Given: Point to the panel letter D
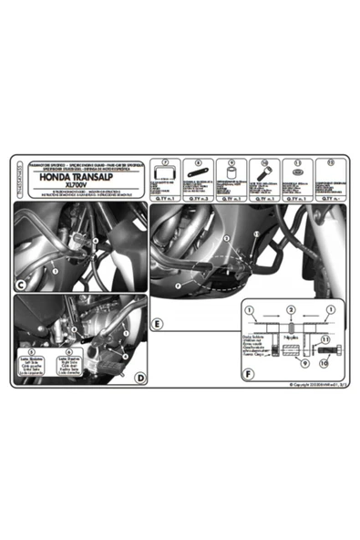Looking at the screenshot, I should [x=139, y=377].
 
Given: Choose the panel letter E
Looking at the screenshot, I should [x=158, y=324].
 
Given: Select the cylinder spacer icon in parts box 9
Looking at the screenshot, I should [x=231, y=171].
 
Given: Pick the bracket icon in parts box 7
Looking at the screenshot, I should [x=165, y=170].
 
